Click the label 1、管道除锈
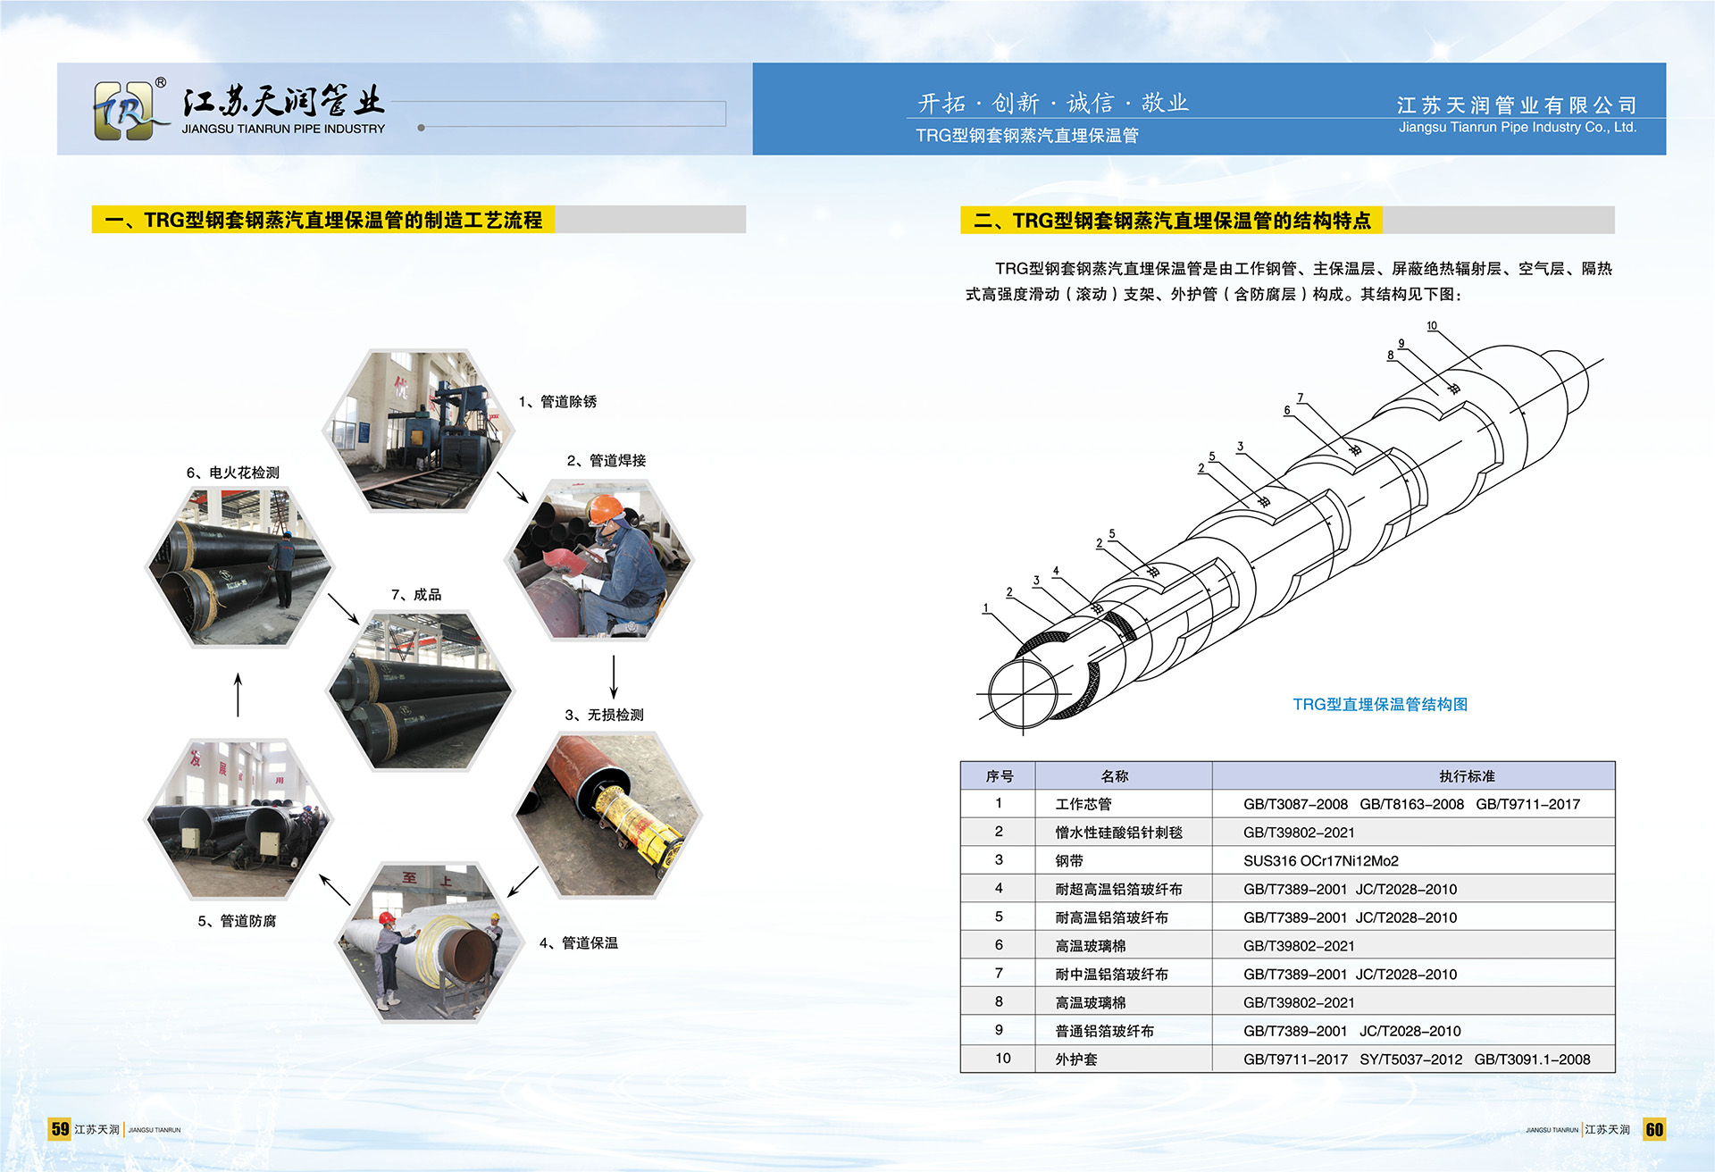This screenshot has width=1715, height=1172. click(x=557, y=402)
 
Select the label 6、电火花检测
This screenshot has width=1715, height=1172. click(x=233, y=473)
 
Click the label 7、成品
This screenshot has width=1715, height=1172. click(x=416, y=595)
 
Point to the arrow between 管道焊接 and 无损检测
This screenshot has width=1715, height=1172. click(x=614, y=677)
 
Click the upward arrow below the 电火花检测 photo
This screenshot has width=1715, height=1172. click(x=238, y=694)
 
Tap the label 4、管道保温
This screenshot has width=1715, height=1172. click(x=579, y=943)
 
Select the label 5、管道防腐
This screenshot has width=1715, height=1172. click(x=237, y=921)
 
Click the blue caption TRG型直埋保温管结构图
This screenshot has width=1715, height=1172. click(x=1380, y=705)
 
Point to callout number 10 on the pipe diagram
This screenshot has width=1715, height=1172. click(x=1432, y=326)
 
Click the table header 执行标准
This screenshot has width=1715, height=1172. click(x=1467, y=776)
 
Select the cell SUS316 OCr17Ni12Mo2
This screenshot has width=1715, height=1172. click(x=1321, y=861)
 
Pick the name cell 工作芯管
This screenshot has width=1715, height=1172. click(x=1083, y=804)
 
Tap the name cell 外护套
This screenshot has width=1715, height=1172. click(x=1076, y=1059)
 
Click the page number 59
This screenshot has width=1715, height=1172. click(x=60, y=1129)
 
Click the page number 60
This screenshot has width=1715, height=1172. click(x=1654, y=1129)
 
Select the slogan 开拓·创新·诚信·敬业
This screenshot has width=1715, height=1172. click(x=1053, y=104)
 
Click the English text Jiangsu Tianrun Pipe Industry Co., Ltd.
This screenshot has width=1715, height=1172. click(x=1518, y=128)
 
